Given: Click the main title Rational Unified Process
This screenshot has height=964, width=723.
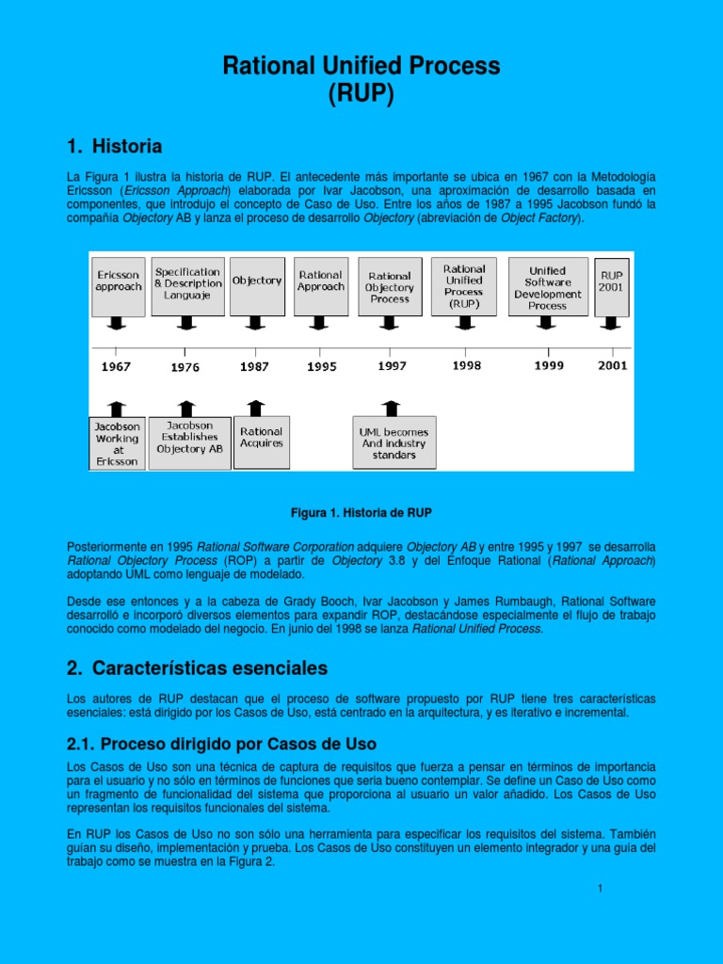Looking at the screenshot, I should point(361,66).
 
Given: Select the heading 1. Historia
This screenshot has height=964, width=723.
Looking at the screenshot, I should point(114,147).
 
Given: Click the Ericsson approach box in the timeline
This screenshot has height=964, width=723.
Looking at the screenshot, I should point(118,280).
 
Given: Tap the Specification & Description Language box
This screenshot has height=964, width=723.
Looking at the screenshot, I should point(188,282).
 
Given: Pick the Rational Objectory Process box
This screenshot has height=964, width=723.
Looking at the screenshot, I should point(390,286).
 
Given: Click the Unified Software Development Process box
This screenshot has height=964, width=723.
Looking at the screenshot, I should point(548,286).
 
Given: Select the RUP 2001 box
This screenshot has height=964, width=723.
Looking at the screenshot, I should point(611,281).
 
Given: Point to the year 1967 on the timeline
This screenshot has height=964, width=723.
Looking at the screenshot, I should point(117,367).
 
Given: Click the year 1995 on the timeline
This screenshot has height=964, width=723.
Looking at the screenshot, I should point(322,367).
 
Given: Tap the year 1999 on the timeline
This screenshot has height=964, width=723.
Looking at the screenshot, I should point(549,365).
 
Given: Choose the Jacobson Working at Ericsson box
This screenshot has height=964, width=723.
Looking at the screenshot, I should point(117,443).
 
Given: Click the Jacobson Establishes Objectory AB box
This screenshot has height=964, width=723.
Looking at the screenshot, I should point(189,438).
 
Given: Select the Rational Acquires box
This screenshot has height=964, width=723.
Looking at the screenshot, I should point(261,438).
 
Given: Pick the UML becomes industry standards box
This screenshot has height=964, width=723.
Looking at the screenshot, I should point(394,442).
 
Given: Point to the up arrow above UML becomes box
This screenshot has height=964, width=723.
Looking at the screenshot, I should point(391,408).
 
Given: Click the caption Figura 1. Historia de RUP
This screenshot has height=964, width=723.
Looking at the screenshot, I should point(361,512).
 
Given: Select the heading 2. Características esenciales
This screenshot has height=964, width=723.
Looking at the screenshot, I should point(197,668).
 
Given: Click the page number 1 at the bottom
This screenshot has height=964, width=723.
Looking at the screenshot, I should point(600,890).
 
